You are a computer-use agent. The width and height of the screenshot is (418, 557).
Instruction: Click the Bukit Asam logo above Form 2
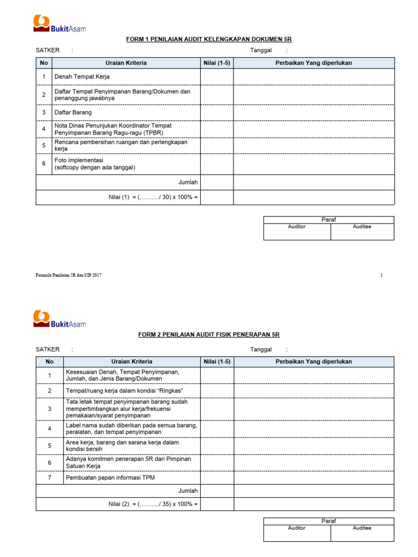(60, 320)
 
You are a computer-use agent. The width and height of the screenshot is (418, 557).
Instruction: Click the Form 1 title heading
(210, 39)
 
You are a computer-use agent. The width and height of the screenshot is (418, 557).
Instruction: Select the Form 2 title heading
(210, 335)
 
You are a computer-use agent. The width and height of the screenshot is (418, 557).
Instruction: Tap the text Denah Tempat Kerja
(82, 77)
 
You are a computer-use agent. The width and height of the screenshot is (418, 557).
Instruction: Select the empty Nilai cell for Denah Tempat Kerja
(217, 77)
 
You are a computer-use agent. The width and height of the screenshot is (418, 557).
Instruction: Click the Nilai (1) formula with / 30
(153, 197)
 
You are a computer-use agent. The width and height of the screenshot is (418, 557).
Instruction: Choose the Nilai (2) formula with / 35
(153, 504)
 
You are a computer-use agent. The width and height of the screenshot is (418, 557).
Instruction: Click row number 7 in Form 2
(50, 478)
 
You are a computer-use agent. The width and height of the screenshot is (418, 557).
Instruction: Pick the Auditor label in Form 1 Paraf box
(297, 227)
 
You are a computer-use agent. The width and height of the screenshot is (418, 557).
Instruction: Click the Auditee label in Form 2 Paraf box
(362, 528)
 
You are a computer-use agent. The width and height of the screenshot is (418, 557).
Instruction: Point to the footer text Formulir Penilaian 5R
(69, 275)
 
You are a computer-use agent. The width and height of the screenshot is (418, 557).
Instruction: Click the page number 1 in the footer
(382, 275)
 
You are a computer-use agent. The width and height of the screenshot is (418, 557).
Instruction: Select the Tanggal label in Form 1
(261, 51)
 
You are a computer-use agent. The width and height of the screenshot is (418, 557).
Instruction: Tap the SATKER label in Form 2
(47, 350)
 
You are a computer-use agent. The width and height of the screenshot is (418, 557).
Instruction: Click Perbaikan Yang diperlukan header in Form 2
(313, 362)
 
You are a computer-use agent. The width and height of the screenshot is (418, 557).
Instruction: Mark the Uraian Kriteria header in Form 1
(126, 63)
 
